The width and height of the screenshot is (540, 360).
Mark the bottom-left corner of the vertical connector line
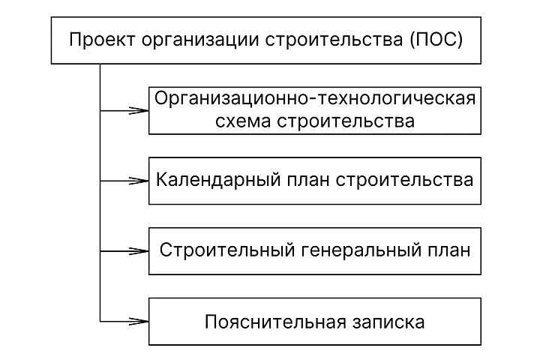(100, 322)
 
